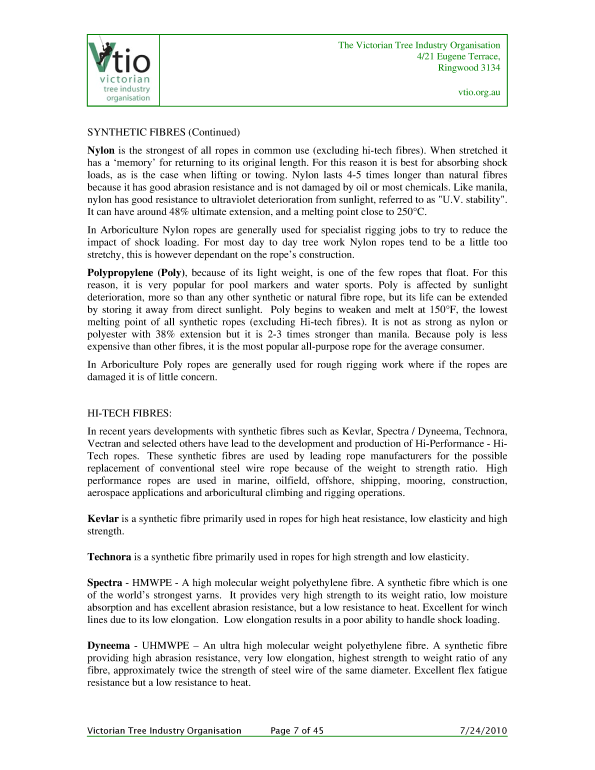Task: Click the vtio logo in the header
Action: pyautogui.click(x=123, y=70)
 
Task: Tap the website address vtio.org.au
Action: pyautogui.click(x=479, y=92)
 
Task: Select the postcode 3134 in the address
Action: pyautogui.click(x=490, y=68)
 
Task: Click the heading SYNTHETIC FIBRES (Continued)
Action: pyautogui.click(x=163, y=132)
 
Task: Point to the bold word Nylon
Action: pyautogui.click(x=101, y=150)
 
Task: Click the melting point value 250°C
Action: pyautogui.click(x=411, y=212)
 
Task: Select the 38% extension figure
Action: pyautogui.click(x=164, y=334)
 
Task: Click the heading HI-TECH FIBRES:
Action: pyautogui.click(x=129, y=413)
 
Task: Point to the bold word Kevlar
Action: pyautogui.click(x=103, y=519)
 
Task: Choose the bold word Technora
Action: pyautogui.click(x=109, y=557)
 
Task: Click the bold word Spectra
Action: pyautogui.click(x=104, y=583)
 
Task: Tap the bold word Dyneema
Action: pyautogui.click(x=108, y=646)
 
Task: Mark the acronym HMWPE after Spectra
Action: pyautogui.click(x=152, y=583)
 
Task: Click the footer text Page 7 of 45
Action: pyautogui.click(x=297, y=730)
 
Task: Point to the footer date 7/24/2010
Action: pyautogui.click(x=483, y=730)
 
